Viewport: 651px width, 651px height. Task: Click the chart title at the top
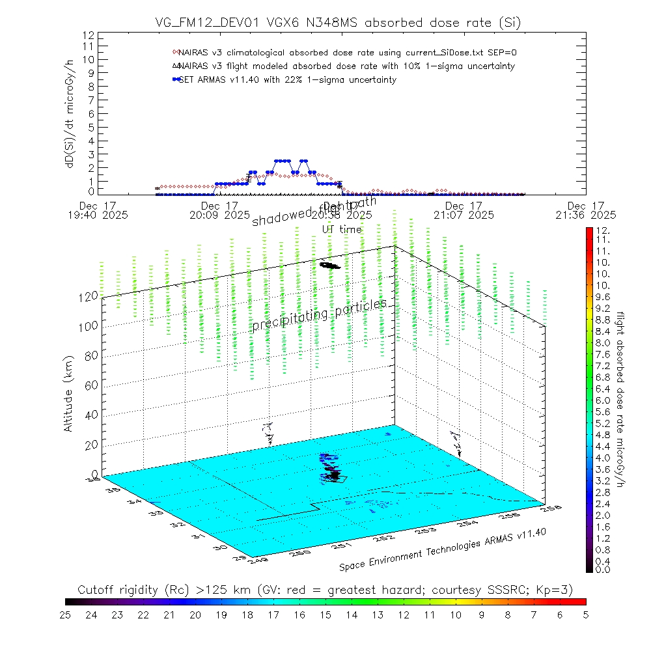click(x=339, y=23)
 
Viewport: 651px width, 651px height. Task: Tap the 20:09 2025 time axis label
click(x=219, y=214)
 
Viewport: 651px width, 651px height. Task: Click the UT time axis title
click(x=342, y=229)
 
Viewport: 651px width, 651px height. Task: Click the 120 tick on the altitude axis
click(x=89, y=296)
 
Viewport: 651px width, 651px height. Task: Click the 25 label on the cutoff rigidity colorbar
click(x=66, y=614)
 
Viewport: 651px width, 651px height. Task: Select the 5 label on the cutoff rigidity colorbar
click(x=585, y=614)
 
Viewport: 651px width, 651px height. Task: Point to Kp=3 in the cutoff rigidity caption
click(x=555, y=589)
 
